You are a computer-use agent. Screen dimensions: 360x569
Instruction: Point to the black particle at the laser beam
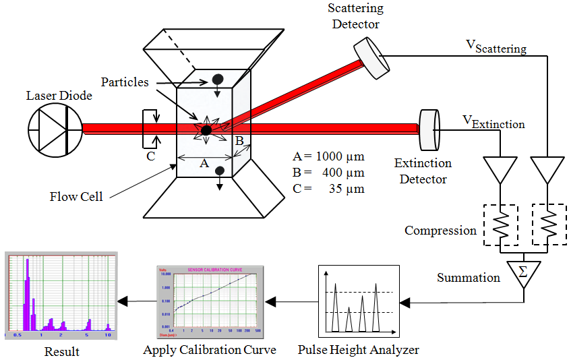206,129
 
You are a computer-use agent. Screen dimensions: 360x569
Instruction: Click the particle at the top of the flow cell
218,78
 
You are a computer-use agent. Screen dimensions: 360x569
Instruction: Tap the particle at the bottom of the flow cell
219,172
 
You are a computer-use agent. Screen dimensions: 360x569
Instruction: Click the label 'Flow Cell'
76,197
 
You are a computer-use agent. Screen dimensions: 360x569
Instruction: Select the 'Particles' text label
125,82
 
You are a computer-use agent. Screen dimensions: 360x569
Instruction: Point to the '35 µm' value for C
347,188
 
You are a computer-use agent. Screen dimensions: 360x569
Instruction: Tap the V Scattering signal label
496,47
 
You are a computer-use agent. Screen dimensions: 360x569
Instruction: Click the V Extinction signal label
493,122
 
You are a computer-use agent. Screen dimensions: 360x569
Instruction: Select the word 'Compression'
440,231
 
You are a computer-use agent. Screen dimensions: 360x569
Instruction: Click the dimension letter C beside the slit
151,157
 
